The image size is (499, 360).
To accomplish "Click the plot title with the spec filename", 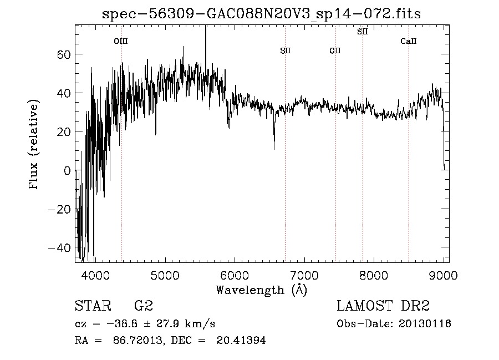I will (x=262, y=14).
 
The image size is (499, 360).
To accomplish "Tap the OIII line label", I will (x=121, y=41).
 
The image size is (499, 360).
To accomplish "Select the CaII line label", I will (x=409, y=41).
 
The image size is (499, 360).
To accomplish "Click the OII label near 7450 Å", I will (x=335, y=51).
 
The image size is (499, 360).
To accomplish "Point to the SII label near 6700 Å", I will (x=286, y=51).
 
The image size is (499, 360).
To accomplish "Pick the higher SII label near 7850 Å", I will (x=363, y=32).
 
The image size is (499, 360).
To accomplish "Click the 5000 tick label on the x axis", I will (x=165, y=275).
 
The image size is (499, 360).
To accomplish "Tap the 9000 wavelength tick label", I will (x=444, y=275).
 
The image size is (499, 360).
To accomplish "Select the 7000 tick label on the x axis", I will (x=304, y=275).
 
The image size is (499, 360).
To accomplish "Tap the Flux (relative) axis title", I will (x=34, y=145).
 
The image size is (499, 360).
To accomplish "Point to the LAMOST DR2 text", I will (x=383, y=306).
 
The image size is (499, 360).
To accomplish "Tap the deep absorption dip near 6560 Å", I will (x=274, y=145).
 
